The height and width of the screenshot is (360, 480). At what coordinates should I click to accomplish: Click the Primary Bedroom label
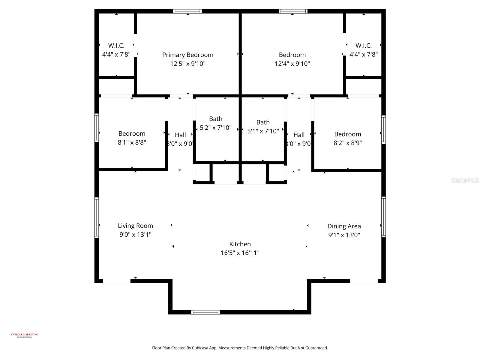coord(187,55)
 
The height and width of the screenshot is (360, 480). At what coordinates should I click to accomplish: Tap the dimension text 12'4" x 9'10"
coord(292,64)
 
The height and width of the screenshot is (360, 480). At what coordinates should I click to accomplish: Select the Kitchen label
coord(240,244)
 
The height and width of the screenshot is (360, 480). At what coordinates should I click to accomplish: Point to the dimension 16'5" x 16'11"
coord(240,253)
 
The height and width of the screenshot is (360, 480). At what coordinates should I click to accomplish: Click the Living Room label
coord(135,226)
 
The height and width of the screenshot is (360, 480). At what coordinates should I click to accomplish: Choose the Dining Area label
coord(344,226)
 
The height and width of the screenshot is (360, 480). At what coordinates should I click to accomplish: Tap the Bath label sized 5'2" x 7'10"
coord(216,119)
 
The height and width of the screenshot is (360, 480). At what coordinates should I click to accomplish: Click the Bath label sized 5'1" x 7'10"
coord(263,122)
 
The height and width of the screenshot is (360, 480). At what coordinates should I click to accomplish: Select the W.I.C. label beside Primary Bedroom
coord(116,46)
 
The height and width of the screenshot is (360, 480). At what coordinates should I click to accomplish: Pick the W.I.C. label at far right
coord(364,46)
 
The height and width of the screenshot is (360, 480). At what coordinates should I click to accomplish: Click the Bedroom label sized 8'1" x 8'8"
coord(132,133)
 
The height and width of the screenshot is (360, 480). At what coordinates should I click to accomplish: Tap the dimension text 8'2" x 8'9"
coord(348,143)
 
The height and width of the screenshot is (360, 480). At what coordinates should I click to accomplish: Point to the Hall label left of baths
coord(180,135)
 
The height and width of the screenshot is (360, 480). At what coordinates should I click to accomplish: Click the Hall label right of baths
coord(299,135)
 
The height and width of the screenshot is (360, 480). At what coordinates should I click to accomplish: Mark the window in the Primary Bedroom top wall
coord(187,11)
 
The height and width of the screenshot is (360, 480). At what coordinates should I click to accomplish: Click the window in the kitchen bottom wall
coord(205,312)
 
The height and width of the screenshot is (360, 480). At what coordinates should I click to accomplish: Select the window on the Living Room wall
coord(97,217)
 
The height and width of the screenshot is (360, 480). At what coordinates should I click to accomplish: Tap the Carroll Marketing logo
coord(25,335)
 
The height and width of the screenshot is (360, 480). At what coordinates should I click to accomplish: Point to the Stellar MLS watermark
coord(465,180)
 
